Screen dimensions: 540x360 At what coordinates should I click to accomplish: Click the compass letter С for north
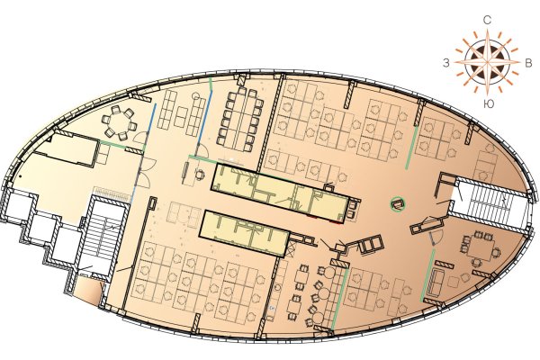487,21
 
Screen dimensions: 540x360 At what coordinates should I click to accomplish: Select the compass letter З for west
446,63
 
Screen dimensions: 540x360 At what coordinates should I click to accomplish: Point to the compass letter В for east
527,63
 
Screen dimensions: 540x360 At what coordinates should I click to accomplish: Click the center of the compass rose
487,62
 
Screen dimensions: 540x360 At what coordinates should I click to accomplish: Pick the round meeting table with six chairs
120,123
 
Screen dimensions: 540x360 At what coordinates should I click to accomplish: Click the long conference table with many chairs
240,119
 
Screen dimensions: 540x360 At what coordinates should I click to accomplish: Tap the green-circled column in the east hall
398,204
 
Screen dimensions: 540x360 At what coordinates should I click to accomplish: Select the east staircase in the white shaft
489,205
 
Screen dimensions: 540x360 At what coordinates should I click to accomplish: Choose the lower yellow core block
244,233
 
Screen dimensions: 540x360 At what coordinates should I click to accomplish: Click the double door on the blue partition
143,172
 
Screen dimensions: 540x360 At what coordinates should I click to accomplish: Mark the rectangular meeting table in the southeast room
481,248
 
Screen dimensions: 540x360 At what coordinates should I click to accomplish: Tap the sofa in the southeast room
436,282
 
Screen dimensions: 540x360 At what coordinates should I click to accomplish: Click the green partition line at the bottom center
339,298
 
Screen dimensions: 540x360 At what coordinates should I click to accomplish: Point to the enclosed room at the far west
67,149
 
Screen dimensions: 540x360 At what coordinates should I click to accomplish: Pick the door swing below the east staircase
435,238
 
